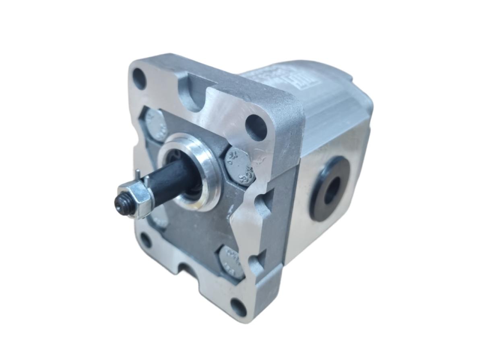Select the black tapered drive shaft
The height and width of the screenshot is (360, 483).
[x=171, y=177]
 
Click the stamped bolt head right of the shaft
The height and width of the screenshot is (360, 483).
[x=238, y=166]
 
